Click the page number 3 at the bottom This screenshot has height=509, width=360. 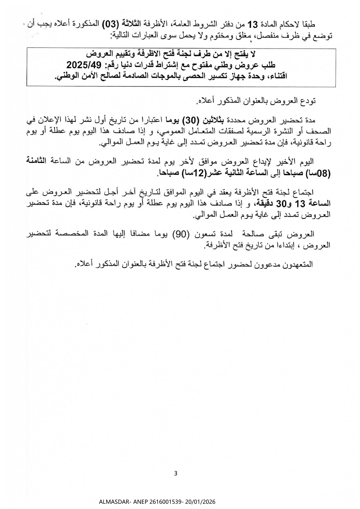pos(175,474)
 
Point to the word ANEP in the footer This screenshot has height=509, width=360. pos(136,502)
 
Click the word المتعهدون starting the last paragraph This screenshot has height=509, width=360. pos(299,265)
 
